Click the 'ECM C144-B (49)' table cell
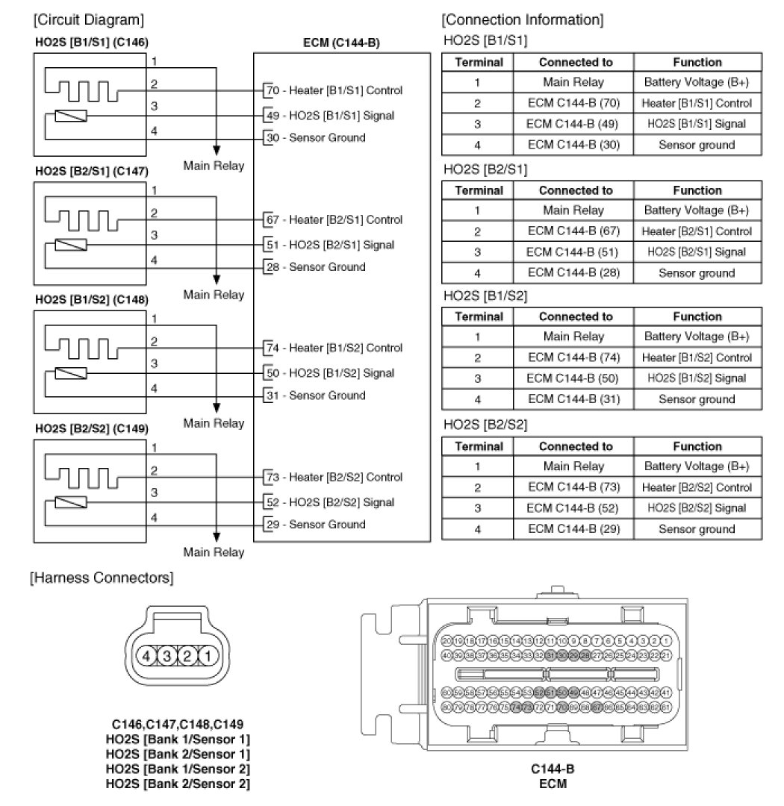click(573, 124)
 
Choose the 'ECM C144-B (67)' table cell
click(573, 231)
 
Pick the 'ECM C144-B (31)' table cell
click(573, 399)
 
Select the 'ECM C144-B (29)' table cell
click(573, 529)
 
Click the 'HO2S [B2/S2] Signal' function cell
click(697, 508)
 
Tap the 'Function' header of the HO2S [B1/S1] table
click(697, 63)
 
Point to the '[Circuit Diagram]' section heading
click(89, 19)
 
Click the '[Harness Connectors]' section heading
click(101, 578)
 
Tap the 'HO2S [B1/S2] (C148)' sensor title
click(92, 300)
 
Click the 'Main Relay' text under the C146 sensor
click(214, 166)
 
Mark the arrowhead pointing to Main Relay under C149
click(217, 536)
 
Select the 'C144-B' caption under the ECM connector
click(553, 769)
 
